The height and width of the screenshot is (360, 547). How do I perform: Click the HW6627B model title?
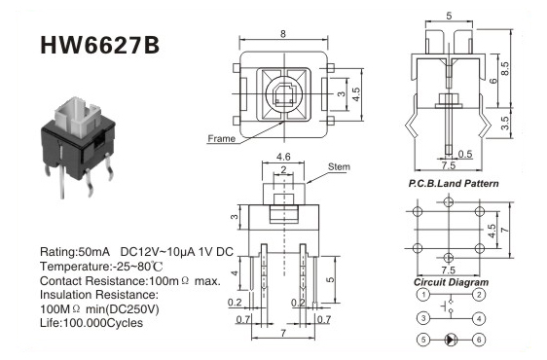click(x=100, y=46)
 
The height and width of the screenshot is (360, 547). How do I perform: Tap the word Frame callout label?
click(x=221, y=138)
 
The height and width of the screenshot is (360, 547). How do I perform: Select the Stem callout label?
click(x=339, y=166)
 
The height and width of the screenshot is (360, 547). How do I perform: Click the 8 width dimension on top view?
click(x=283, y=33)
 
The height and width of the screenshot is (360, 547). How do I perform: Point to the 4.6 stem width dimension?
click(x=283, y=157)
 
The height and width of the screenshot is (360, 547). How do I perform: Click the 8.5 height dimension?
click(x=504, y=69)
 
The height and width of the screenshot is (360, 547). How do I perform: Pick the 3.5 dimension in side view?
click(x=505, y=124)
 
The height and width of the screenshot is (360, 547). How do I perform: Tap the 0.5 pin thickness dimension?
click(x=464, y=154)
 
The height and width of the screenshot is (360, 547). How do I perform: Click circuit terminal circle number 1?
click(x=423, y=295)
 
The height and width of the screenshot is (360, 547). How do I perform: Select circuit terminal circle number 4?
click(x=479, y=318)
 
